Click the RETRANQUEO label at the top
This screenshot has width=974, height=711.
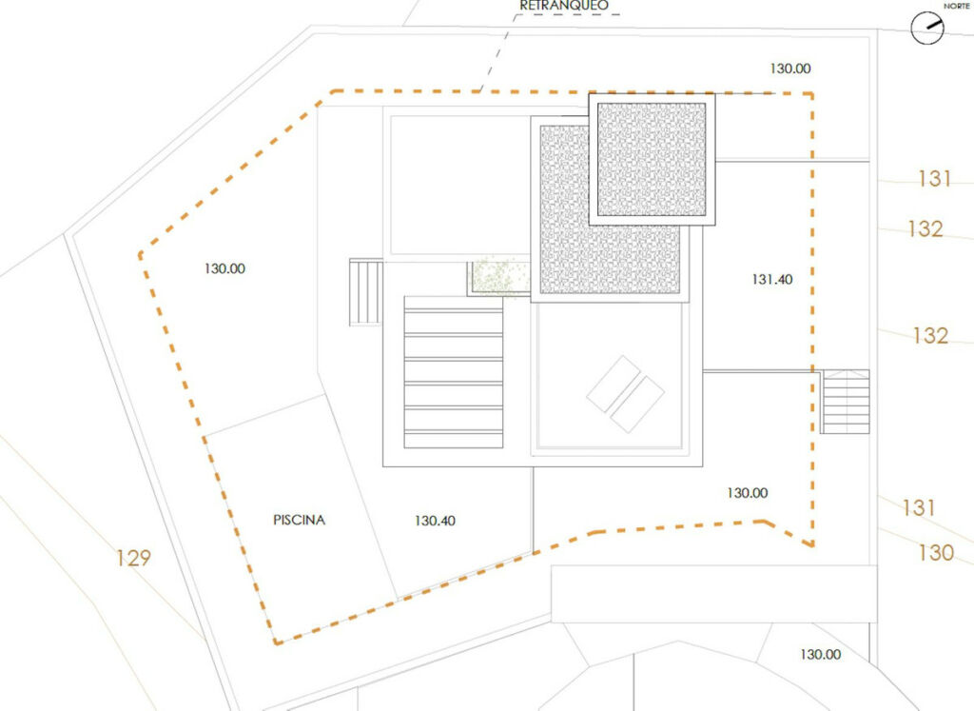564,6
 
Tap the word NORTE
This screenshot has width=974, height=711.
957,6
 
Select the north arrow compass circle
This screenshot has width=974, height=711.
926,28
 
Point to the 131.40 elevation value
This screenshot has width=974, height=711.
772,280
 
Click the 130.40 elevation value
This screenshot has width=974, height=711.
435,521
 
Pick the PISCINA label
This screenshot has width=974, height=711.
299,520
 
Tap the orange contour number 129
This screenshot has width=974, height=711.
133,558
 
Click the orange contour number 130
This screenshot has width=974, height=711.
936,552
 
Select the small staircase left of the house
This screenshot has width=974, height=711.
366,292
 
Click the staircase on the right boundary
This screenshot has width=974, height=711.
845,402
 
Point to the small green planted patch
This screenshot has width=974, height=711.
498,277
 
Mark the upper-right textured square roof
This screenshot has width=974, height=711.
652,160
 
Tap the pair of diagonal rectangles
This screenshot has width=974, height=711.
626,393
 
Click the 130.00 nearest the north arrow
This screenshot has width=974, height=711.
790,69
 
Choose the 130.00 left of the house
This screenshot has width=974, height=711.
224,268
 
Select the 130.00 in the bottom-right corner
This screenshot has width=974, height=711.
821,655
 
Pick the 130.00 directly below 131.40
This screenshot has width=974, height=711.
748,493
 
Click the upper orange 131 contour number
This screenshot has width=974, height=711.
935,179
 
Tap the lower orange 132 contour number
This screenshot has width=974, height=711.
930,336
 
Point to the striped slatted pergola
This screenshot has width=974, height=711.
454,371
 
